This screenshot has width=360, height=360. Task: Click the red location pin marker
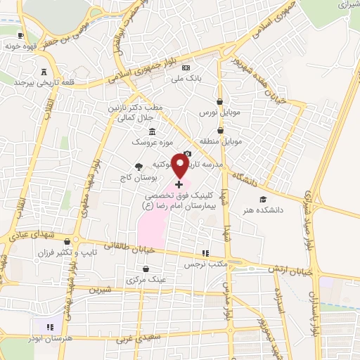(x=179, y=166)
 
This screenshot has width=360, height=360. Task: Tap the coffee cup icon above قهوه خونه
(x=20, y=35)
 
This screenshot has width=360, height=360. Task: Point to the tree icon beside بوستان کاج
(x=138, y=166)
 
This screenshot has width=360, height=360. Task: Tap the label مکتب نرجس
(x=204, y=264)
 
